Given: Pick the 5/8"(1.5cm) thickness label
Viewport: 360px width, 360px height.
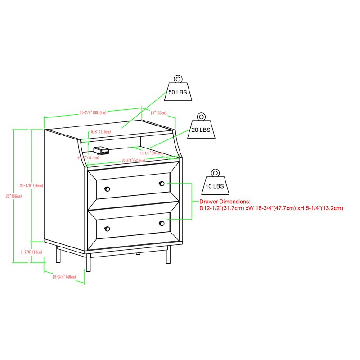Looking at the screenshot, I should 100,132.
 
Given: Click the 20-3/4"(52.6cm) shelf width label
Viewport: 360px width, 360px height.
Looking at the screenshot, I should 133,161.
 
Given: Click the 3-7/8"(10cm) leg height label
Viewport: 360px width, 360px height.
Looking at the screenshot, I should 31,252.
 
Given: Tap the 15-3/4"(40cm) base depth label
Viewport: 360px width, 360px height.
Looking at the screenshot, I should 64,277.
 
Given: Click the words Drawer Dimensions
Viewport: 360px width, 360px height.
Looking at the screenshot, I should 224,202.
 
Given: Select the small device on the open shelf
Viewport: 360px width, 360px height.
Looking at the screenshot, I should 100,150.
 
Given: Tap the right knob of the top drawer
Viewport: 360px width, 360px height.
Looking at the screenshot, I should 161,184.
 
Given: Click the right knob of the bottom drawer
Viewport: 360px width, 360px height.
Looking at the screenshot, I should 161,223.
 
